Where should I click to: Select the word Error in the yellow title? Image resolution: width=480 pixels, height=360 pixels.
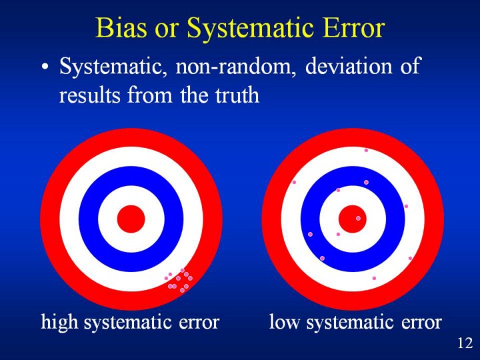point(351,29)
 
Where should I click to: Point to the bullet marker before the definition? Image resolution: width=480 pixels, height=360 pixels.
point(44,69)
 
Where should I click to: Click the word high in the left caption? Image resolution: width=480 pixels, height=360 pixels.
point(57,323)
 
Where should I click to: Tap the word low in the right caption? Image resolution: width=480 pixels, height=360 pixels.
point(283,323)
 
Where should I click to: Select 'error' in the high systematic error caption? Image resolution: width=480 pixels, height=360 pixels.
point(199,323)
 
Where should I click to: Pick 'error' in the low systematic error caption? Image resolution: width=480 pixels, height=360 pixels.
point(421,323)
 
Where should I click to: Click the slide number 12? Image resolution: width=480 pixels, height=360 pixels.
point(465,343)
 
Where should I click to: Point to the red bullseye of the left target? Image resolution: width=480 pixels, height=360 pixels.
point(131,219)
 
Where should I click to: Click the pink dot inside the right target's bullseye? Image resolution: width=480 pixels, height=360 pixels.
point(358,218)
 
